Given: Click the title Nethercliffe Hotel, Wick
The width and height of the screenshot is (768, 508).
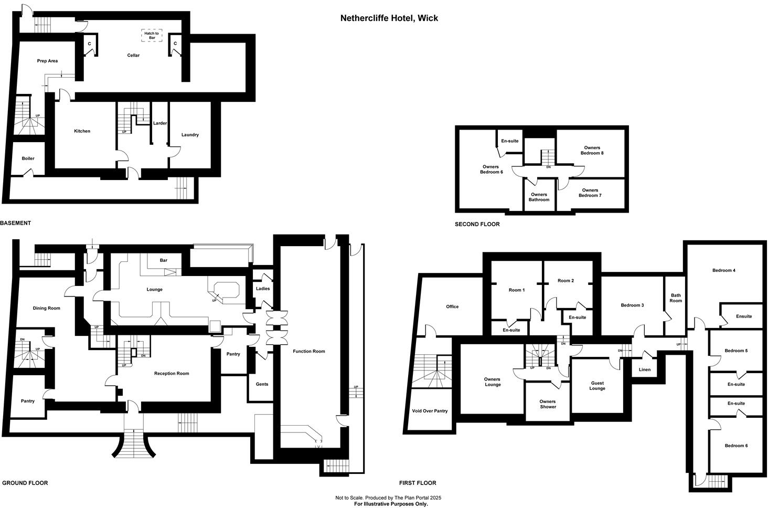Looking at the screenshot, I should click(389, 18).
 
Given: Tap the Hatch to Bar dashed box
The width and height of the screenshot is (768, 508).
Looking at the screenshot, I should click(152, 35).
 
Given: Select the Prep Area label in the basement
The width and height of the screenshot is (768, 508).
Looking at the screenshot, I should click(47, 61).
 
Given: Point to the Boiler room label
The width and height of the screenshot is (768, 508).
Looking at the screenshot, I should click(28, 158).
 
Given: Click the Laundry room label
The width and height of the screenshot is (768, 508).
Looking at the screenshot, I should click(190, 135).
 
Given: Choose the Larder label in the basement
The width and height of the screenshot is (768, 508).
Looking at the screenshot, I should click(159, 123).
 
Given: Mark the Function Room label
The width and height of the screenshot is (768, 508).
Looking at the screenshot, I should click(309, 352).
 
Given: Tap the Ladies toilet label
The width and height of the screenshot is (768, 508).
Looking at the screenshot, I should click(263, 289).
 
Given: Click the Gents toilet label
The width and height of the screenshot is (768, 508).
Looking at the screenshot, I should click(262, 384).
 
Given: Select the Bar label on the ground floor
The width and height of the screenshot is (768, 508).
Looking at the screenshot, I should click(164, 260).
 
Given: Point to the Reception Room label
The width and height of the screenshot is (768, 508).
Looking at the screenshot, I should click(172, 374).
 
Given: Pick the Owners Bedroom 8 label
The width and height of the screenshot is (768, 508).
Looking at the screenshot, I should click(590, 150).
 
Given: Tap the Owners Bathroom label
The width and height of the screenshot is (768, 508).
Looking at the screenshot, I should click(539, 197).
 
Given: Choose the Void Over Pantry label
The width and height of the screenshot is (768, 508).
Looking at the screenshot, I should click(430, 411).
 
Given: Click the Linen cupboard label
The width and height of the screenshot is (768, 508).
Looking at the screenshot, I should click(644, 369).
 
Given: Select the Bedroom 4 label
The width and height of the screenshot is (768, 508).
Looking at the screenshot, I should click(723, 270).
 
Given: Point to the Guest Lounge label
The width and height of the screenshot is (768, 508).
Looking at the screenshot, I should click(597, 386).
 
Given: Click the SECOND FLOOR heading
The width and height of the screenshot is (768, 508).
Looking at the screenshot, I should click(477, 224).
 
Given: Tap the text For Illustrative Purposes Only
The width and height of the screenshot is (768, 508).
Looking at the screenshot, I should click(391, 504).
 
